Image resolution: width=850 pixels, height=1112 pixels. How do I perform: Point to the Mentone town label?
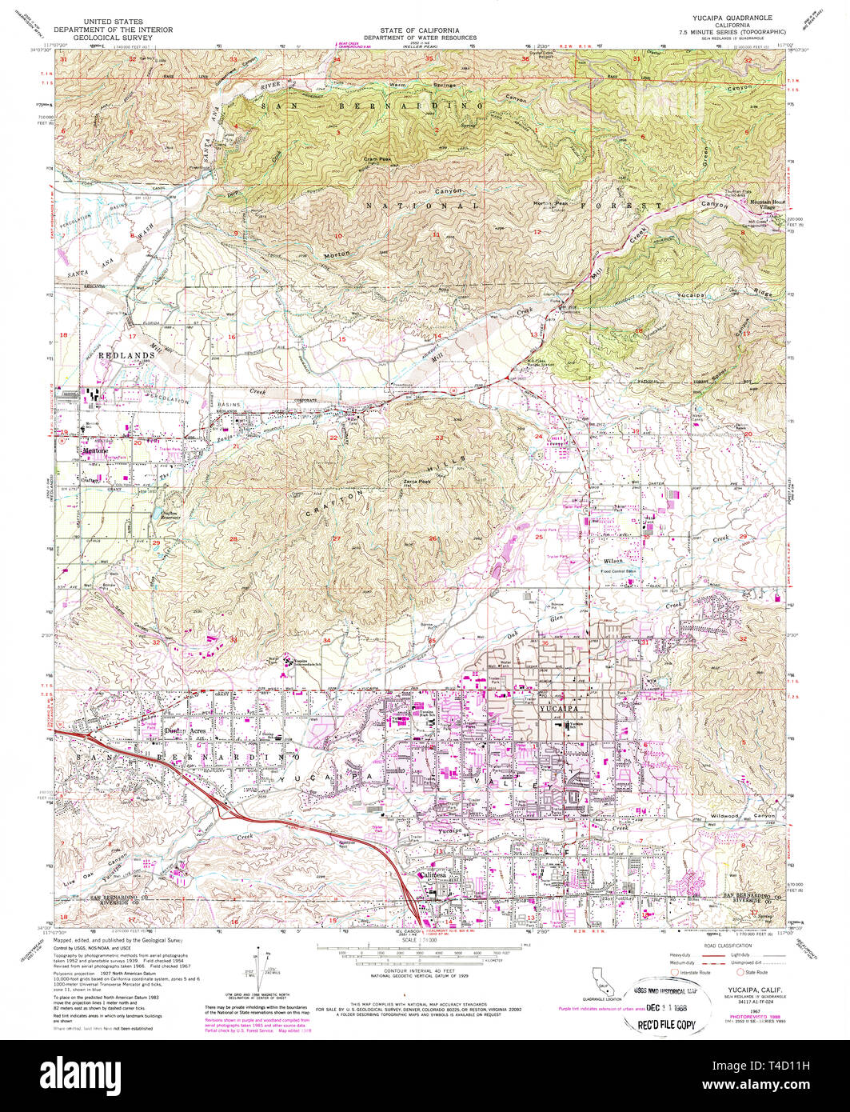(x=94, y=450)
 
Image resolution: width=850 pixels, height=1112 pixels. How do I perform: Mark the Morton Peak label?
(x=552, y=203)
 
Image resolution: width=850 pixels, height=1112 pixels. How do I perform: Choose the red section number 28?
(x=233, y=539)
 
